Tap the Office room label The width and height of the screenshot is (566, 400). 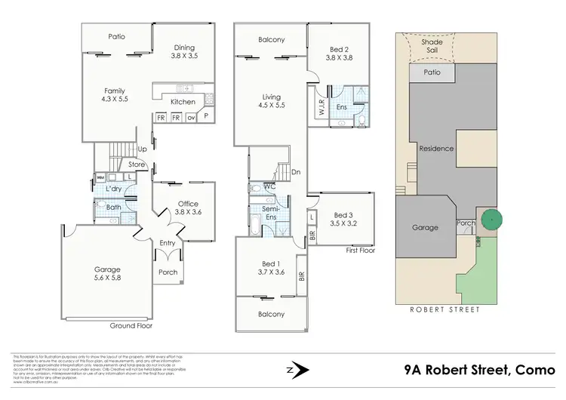pos(188,204)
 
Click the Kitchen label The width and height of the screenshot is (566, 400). pos(183,102)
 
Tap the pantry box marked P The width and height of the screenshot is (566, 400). pos(206,118)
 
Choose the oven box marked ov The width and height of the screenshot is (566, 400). pos(191,118)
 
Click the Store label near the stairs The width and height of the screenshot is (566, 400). pos(136,164)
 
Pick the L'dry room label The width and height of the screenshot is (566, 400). pos(115,188)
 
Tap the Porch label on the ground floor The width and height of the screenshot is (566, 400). pos(168,272)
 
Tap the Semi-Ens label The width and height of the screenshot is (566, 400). pos(270,213)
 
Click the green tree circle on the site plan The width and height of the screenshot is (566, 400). pos(492,220)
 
